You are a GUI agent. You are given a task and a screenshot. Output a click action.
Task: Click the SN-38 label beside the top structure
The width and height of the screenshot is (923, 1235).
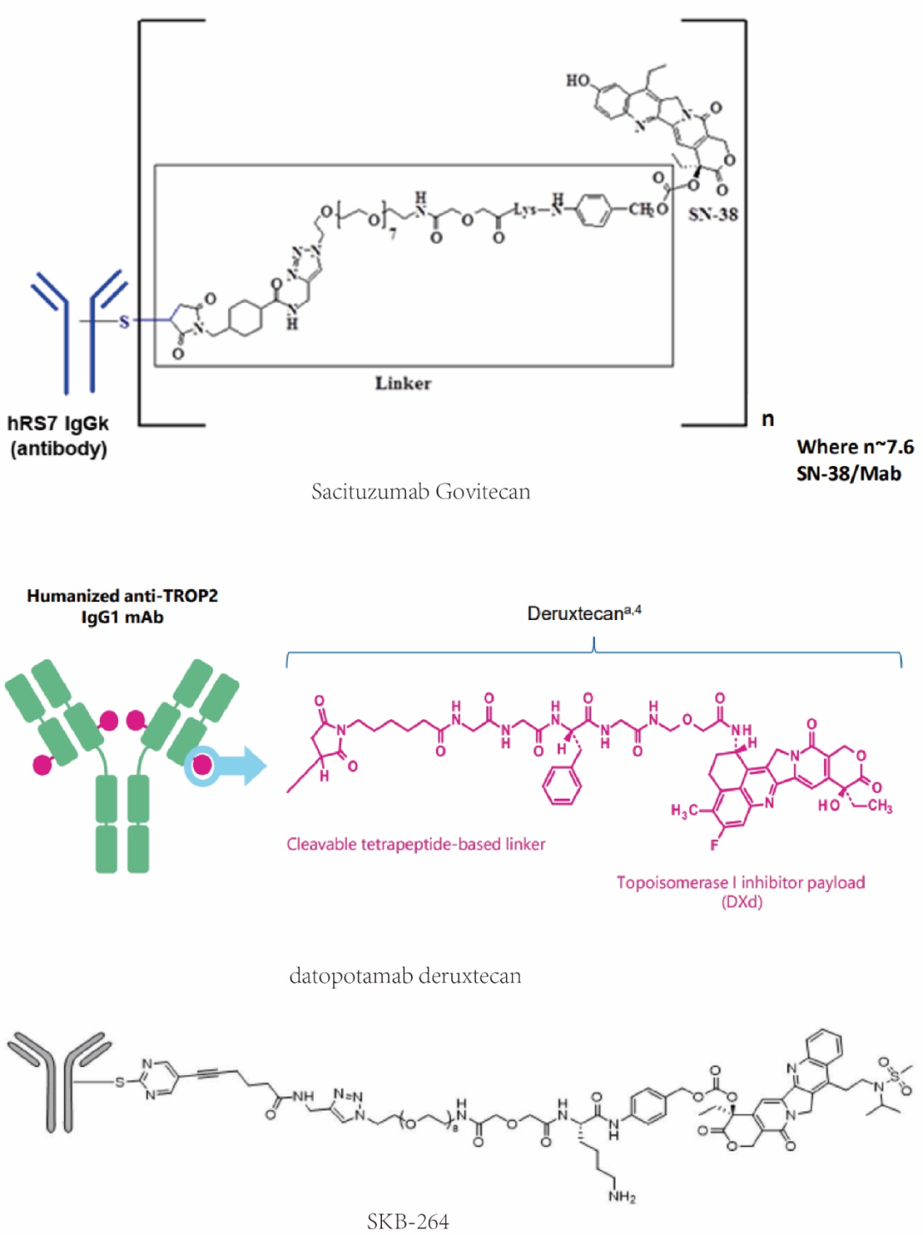tap(713, 214)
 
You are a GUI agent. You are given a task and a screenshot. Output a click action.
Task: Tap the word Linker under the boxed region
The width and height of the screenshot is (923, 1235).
tap(403, 383)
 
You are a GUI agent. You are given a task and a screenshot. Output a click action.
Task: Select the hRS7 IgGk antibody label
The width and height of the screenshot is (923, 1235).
tap(58, 423)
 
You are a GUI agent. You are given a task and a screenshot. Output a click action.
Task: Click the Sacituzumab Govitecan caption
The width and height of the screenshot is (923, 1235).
tap(420, 492)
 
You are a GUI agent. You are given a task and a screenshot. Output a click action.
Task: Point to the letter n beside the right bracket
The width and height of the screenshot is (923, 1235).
tap(767, 419)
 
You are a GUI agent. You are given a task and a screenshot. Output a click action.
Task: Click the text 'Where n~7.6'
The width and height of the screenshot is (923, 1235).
tap(855, 446)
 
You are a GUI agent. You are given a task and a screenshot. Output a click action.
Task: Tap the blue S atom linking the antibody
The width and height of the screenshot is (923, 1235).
tap(125, 322)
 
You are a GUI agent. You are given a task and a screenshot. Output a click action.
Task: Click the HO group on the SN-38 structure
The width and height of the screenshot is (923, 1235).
tap(578, 80)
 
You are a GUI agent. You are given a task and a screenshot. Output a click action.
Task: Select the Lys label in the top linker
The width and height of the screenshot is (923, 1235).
tap(525, 208)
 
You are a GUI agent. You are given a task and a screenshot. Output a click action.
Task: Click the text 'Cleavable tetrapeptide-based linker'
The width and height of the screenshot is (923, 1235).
tap(415, 844)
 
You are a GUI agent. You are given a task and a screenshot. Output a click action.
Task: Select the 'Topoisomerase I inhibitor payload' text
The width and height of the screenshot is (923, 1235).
tap(740, 882)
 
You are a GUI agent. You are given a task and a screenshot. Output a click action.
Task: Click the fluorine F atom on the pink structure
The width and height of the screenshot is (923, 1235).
tap(714, 845)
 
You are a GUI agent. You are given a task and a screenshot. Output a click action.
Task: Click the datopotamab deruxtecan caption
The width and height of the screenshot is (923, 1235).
tap(405, 976)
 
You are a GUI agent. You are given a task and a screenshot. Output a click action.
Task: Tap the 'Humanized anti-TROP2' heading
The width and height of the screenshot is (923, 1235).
tap(122, 595)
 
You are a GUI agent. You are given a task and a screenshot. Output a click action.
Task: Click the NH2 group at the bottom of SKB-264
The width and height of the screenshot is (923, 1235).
tap(621, 1197)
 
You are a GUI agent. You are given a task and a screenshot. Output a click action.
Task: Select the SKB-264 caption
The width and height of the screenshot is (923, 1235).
tap(408, 1221)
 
